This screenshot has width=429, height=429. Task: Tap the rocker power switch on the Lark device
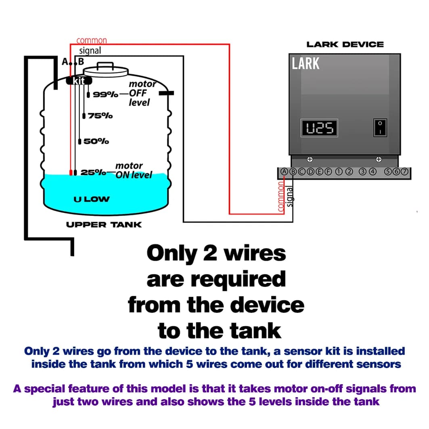380,127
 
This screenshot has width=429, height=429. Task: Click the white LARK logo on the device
306,64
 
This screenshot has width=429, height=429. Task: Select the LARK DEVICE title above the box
345,44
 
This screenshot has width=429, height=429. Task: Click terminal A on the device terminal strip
284,171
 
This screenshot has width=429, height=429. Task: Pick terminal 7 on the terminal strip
405,171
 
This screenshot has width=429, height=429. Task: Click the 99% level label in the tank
105,95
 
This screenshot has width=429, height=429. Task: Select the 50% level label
96,141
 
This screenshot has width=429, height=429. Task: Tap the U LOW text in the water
92,199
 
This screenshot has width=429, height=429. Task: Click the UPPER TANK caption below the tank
104,224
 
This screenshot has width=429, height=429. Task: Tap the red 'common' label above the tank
92,40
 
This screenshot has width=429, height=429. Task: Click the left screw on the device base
310,159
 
